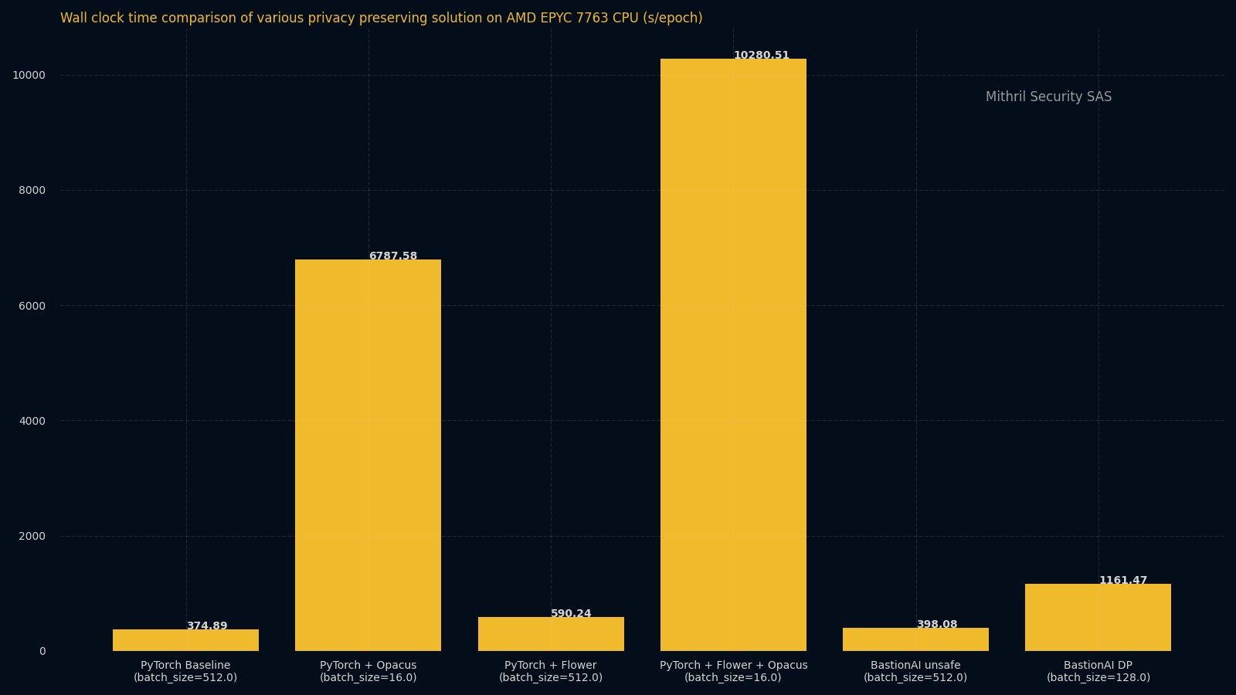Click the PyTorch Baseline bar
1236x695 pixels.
point(185,640)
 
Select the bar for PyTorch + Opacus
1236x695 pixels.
point(368,456)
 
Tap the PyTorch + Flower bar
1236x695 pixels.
point(551,634)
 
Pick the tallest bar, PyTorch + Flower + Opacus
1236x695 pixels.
point(733,355)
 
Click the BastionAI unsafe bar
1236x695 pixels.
point(915,639)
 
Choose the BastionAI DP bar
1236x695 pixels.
point(1098,618)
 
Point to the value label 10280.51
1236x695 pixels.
point(761,56)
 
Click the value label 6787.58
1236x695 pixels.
point(392,256)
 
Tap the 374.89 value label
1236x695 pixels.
point(207,626)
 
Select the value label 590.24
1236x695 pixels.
point(571,614)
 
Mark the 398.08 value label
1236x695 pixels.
point(936,625)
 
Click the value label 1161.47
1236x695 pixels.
point(1122,581)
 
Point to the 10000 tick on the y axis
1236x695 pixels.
point(29,76)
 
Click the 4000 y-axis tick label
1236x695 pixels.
point(32,421)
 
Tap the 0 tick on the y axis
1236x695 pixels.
point(42,652)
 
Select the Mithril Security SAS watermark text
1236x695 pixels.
point(1048,97)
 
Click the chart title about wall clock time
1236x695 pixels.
point(382,19)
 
